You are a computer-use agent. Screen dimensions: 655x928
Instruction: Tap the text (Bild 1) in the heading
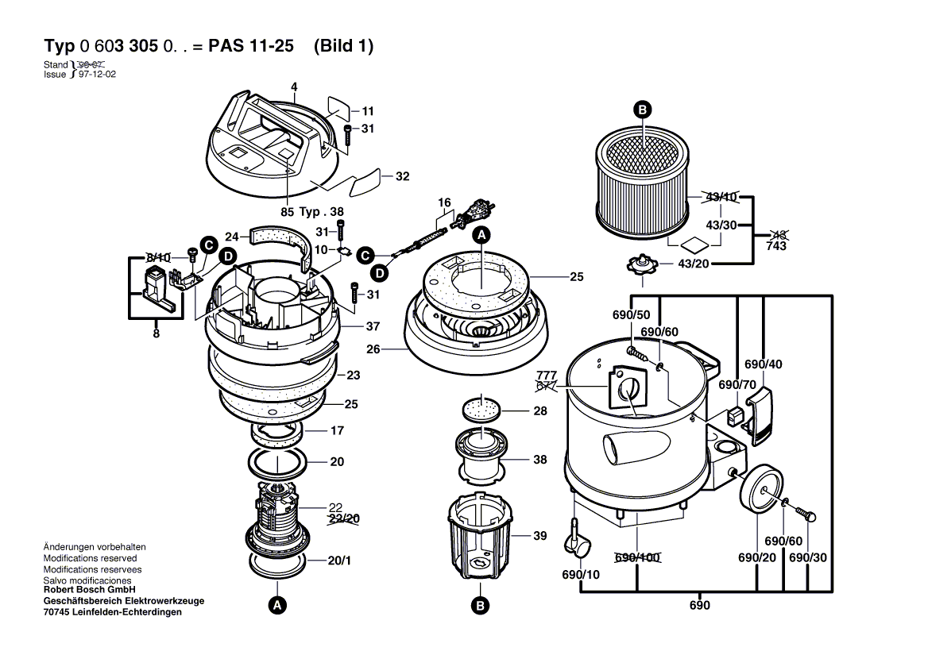click(343, 46)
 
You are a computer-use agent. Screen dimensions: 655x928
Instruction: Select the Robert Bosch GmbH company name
click(89, 590)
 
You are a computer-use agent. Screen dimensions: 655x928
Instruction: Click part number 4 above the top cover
click(293, 87)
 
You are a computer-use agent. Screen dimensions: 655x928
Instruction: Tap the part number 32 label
click(402, 176)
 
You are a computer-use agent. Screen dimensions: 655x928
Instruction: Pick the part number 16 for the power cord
click(444, 203)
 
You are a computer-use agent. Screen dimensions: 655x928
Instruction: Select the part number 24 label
click(231, 237)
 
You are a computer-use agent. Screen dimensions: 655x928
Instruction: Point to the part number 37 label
click(351, 326)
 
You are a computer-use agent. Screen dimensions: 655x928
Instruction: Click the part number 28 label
click(539, 411)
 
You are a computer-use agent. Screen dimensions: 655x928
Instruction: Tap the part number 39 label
click(539, 536)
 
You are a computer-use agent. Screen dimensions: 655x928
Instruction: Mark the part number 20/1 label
click(339, 561)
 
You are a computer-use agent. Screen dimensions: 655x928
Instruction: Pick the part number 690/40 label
click(764, 364)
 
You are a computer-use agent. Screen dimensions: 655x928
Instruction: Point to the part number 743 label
click(776, 246)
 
